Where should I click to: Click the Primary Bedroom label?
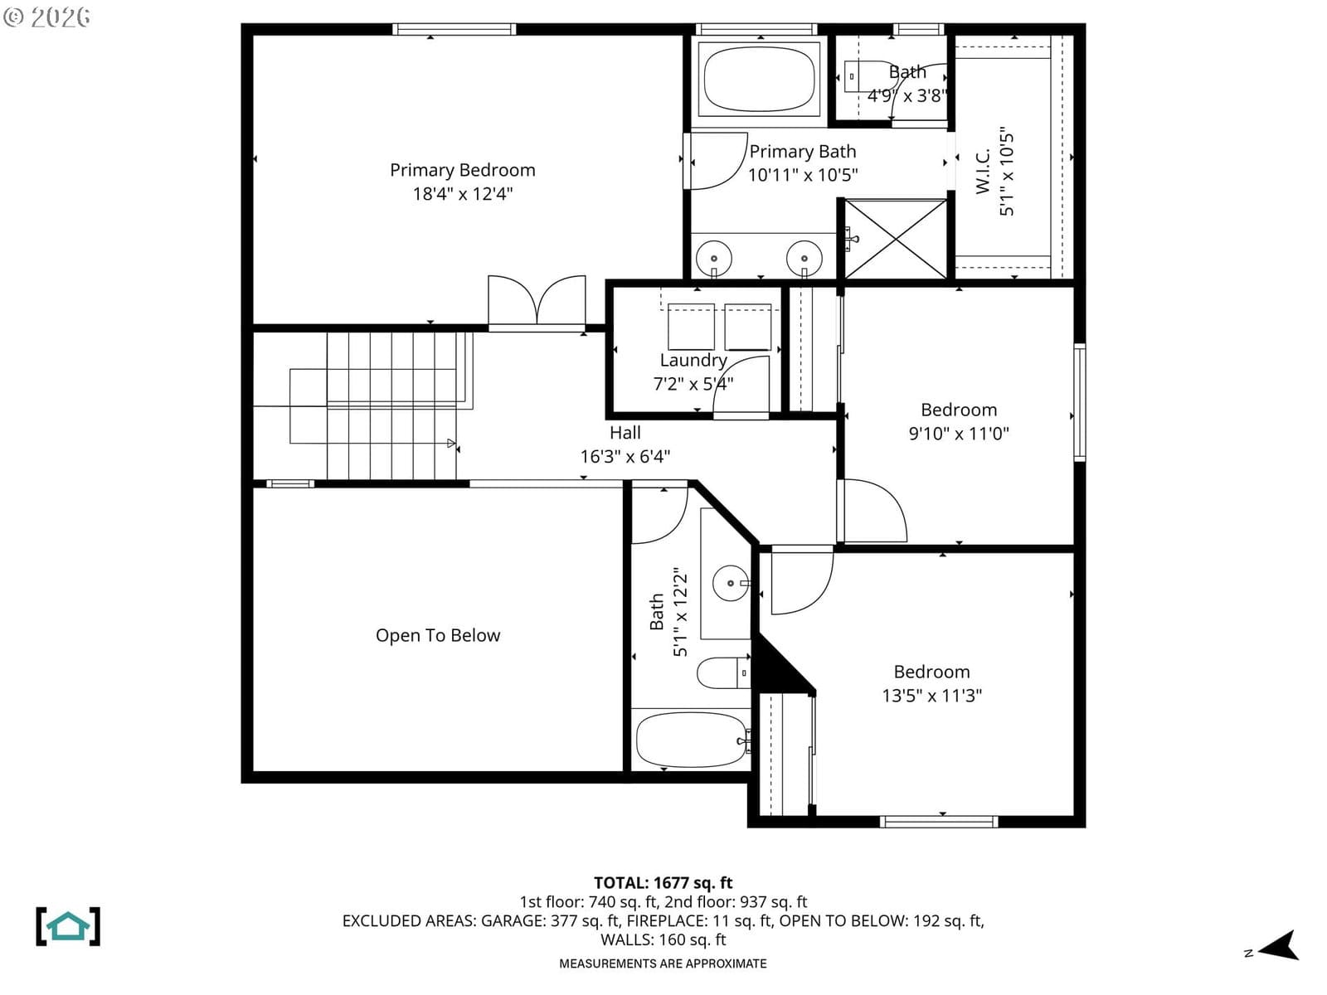(x=463, y=170)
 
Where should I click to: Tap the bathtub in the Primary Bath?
(x=759, y=79)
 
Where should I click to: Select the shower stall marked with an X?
(x=895, y=240)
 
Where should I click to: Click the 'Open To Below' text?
(x=438, y=635)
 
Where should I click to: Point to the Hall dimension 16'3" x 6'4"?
(x=625, y=457)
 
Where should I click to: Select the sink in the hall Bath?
(x=731, y=584)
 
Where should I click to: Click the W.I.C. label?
(x=983, y=171)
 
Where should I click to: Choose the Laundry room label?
(x=693, y=360)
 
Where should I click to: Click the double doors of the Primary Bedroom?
(x=537, y=300)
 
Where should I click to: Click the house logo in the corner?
(x=68, y=926)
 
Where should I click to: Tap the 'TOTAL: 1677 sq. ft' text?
(x=663, y=883)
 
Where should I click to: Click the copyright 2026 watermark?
(x=46, y=17)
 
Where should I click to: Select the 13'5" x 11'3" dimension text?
(x=931, y=696)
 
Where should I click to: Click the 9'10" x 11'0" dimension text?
(x=959, y=434)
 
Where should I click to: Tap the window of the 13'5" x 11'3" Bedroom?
(x=939, y=822)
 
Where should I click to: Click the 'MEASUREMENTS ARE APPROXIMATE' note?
(x=663, y=963)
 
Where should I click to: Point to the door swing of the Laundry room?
(x=741, y=386)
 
